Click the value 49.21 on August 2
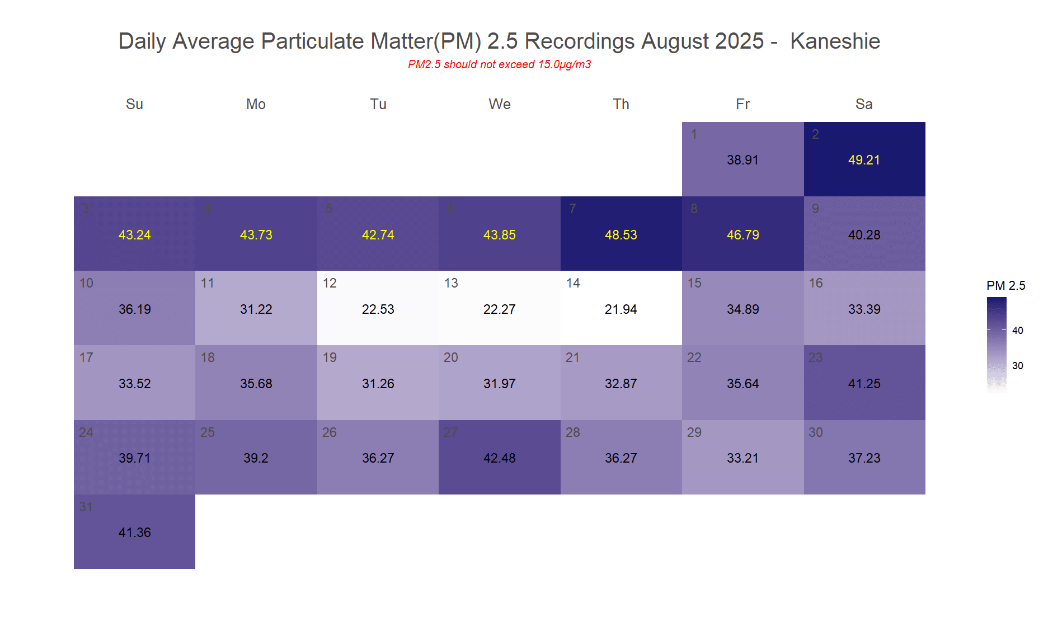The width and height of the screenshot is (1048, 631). point(864,160)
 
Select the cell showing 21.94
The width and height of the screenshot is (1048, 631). point(621,308)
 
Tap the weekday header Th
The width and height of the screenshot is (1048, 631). point(621,104)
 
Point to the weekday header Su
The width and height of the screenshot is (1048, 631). point(134,104)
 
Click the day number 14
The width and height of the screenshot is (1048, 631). point(573,283)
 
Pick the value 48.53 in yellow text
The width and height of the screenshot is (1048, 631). point(621,235)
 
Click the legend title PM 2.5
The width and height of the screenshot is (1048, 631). point(1005,286)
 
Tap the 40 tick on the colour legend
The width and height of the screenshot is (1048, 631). point(1017,331)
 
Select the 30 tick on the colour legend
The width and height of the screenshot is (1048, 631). point(1017,366)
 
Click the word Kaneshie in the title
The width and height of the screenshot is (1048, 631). point(835,41)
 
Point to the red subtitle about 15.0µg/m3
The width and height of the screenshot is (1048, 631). point(499,64)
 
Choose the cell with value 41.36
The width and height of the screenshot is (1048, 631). point(134,532)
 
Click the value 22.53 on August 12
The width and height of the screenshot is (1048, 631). point(378,309)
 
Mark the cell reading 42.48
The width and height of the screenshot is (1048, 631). point(499,458)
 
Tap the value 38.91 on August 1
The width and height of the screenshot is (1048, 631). point(742,160)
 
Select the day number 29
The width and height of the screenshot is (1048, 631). point(694,432)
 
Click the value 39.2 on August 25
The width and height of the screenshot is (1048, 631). point(256,458)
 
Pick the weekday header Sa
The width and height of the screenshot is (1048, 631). point(864,104)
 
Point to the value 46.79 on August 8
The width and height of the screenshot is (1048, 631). point(742,235)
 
